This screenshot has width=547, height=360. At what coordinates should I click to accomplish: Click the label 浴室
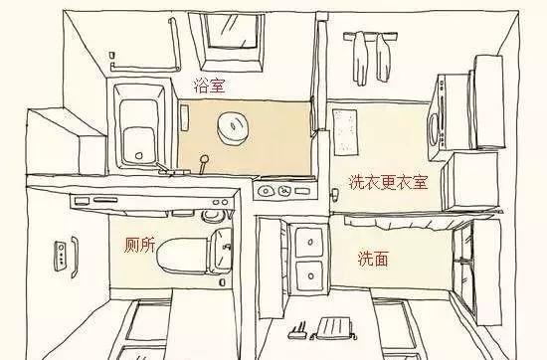point(210,87)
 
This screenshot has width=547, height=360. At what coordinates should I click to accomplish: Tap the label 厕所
point(139,245)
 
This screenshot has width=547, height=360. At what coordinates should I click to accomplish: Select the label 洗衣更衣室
point(388,182)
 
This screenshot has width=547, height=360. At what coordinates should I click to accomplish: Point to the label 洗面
point(373,259)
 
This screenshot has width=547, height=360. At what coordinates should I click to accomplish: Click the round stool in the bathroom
point(236,126)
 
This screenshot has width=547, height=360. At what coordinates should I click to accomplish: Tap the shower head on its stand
point(206,160)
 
